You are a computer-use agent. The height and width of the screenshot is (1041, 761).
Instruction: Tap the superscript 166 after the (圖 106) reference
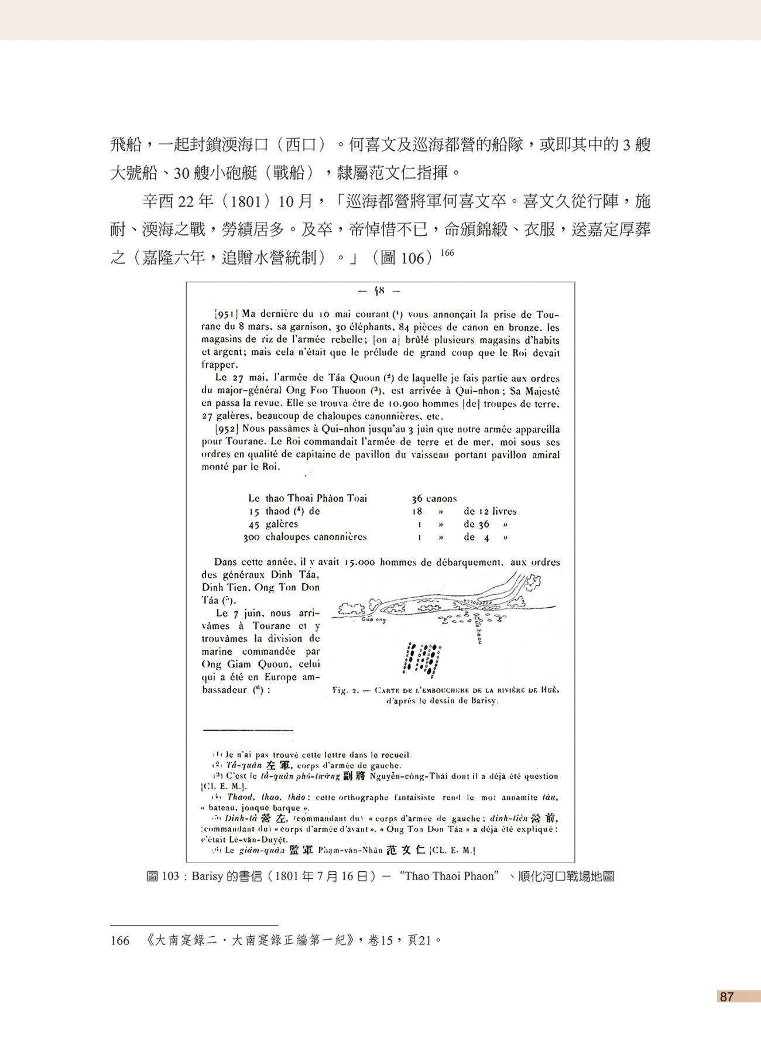[x=447, y=253]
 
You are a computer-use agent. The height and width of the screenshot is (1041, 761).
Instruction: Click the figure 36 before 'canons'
[x=416, y=499]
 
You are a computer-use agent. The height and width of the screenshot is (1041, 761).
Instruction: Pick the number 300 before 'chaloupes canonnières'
[x=253, y=537]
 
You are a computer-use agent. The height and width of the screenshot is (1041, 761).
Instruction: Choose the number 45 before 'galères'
[x=255, y=524]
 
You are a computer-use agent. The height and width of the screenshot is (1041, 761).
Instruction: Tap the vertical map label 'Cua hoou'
[x=478, y=631]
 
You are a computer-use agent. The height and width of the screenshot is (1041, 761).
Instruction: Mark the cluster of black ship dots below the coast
[x=423, y=658]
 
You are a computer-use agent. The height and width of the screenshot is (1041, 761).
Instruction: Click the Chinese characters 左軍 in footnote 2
[x=279, y=766]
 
